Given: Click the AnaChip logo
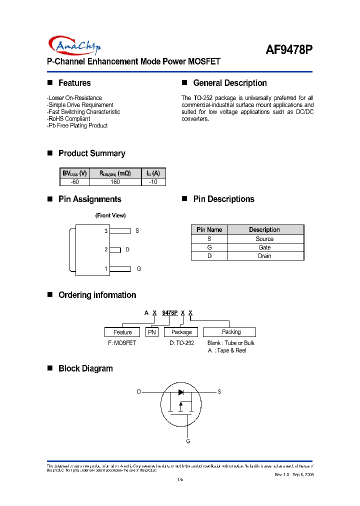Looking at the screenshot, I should pyautogui.click(x=75, y=45).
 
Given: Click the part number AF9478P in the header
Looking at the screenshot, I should pyautogui.click(x=288, y=49).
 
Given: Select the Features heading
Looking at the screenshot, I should pyautogui.click(x=74, y=83).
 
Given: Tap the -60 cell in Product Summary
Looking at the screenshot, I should pyautogui.click(x=75, y=182).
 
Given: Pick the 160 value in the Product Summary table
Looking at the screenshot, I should pyautogui.click(x=115, y=182).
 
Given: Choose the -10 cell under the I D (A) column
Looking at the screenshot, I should pyautogui.click(x=153, y=182).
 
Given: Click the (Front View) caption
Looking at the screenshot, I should pyautogui.click(x=110, y=215).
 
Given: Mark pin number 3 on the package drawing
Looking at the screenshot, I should pyautogui.click(x=106, y=231).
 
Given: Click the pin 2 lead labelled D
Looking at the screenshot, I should pyautogui.click(x=115, y=249).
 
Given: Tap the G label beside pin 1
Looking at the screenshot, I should pyautogui.click(x=139, y=268).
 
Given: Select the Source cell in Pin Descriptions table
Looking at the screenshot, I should pyautogui.click(x=264, y=239).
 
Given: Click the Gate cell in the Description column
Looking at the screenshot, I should pyautogui.click(x=264, y=247).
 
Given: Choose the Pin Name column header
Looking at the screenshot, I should pyautogui.click(x=209, y=230).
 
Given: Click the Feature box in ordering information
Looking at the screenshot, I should pyautogui.click(x=122, y=332).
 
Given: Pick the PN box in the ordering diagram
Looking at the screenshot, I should pyautogui.click(x=152, y=332).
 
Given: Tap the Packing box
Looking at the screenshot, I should pyautogui.click(x=231, y=332).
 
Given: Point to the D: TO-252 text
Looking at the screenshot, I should pyautogui.click(x=181, y=343).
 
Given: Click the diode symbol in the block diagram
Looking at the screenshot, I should pyautogui.click(x=181, y=392).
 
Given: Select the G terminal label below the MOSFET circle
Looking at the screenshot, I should pyautogui.click(x=188, y=441).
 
